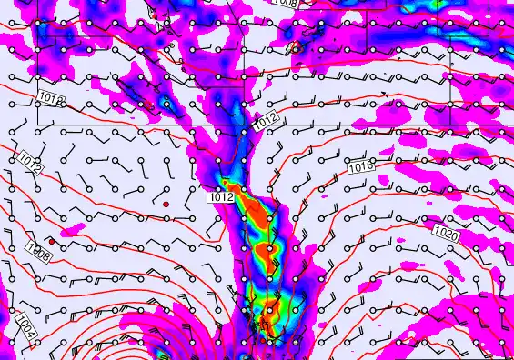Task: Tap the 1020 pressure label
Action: (x=446, y=235)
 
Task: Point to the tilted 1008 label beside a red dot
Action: (x=39, y=252)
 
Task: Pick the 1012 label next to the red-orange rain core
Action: (x=221, y=196)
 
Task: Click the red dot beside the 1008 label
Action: (x=52, y=242)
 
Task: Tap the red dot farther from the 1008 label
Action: (x=166, y=205)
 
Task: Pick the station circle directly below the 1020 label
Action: (x=448, y=260)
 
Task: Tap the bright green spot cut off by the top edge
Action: (x=438, y=3)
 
